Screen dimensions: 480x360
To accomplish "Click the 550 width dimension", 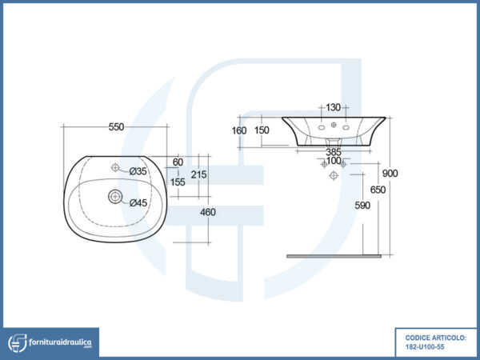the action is pos(116,126).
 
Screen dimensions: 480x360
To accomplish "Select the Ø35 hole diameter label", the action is pos(138,171).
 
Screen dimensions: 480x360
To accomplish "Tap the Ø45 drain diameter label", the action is pos(138,203).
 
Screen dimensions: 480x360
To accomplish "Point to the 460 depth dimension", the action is pos(208,212).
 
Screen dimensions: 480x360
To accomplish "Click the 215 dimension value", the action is pos(198,174).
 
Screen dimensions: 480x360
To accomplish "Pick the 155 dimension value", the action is pos(178,182).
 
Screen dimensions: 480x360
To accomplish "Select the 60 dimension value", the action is pos(178,162).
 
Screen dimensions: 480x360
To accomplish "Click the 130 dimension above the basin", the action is pos(333,107).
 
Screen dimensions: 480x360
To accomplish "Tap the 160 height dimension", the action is pos(239,130).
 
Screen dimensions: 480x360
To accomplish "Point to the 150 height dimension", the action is pos(262,130).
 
